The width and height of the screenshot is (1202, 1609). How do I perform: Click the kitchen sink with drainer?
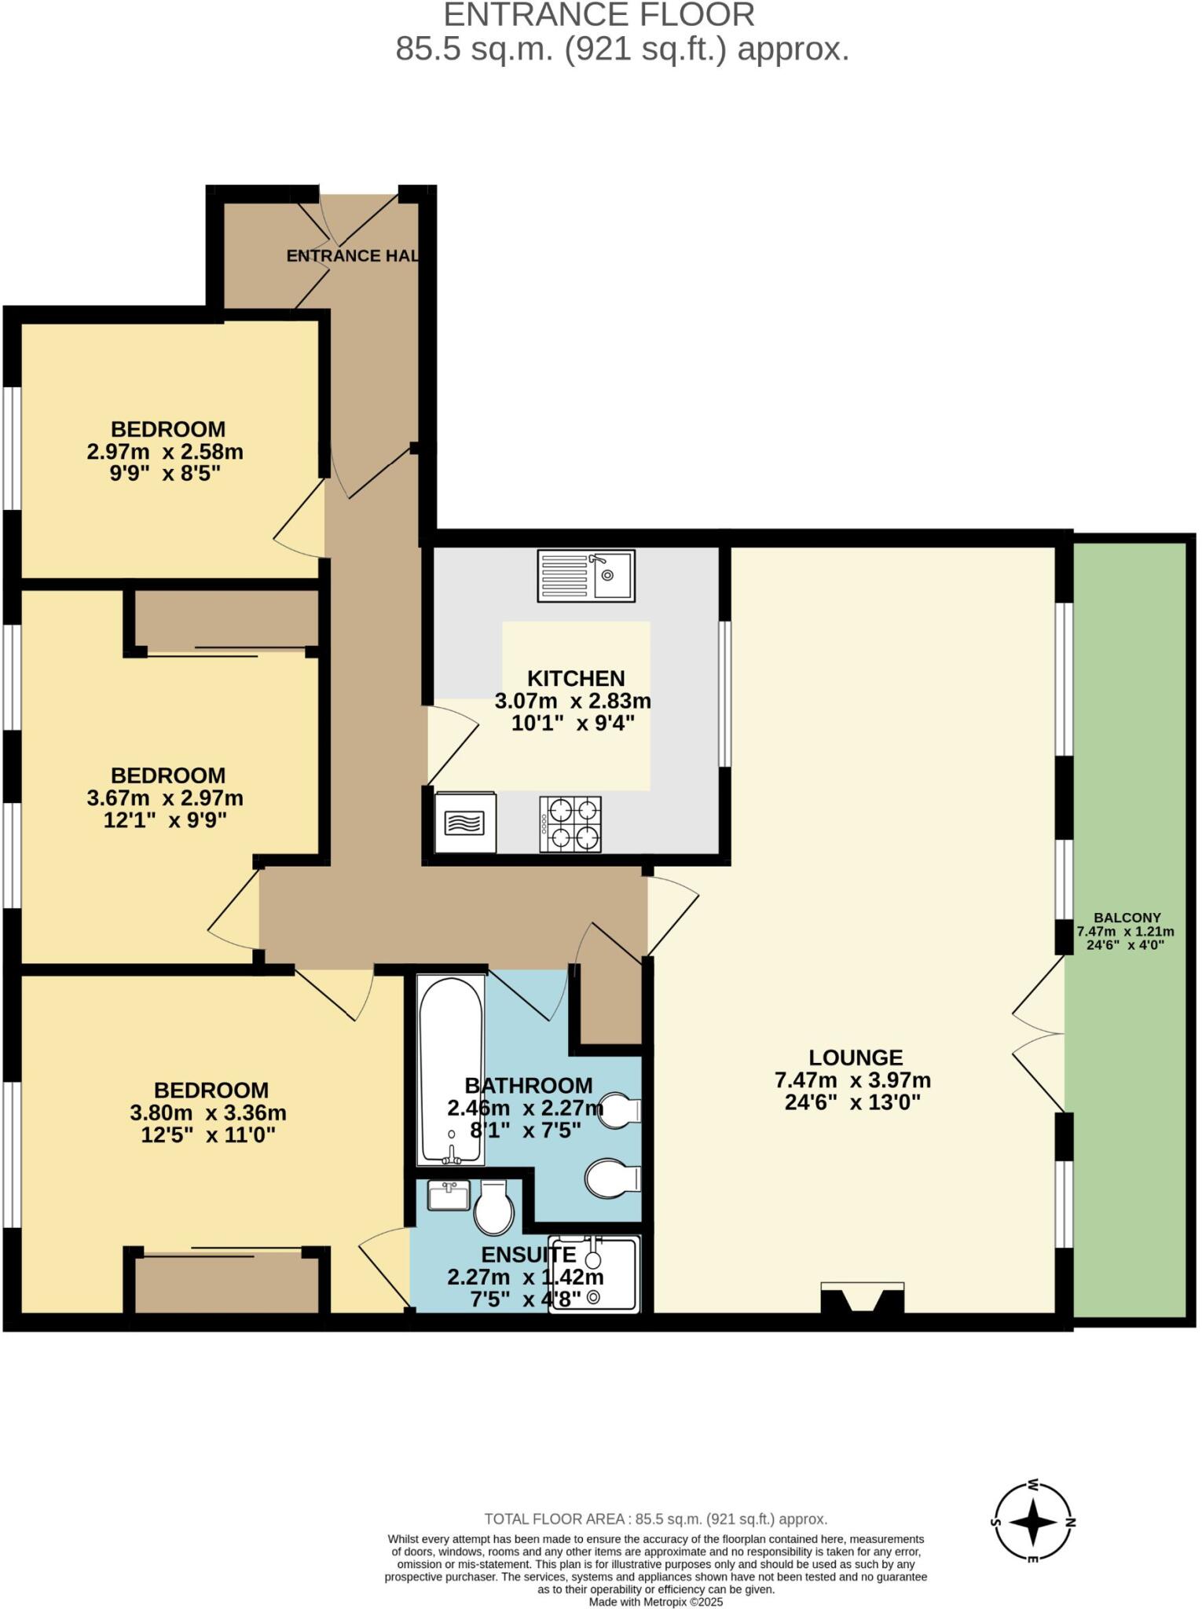585,576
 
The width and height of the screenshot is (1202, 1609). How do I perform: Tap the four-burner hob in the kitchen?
570,824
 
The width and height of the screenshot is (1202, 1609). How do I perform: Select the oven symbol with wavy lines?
465,823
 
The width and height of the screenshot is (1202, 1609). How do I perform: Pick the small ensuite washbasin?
449,1195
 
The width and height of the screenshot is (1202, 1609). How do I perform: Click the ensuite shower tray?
595,1274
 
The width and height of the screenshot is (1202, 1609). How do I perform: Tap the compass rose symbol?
1033,1522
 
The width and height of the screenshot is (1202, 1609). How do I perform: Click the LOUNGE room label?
856,1057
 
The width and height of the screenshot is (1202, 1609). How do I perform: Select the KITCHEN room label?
576,678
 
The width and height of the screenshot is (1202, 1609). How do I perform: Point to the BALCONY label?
1127,918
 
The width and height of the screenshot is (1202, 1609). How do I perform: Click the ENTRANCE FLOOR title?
599,16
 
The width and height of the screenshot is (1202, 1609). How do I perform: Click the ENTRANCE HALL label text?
352,255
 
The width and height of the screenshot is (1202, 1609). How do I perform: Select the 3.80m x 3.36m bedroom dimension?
208,1112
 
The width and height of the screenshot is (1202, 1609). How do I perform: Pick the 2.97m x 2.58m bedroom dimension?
165,452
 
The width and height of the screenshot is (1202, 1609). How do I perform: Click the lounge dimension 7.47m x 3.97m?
852,1080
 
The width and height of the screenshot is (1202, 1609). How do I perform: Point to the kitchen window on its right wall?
724,694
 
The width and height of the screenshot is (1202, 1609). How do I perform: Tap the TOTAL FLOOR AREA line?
655,1519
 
